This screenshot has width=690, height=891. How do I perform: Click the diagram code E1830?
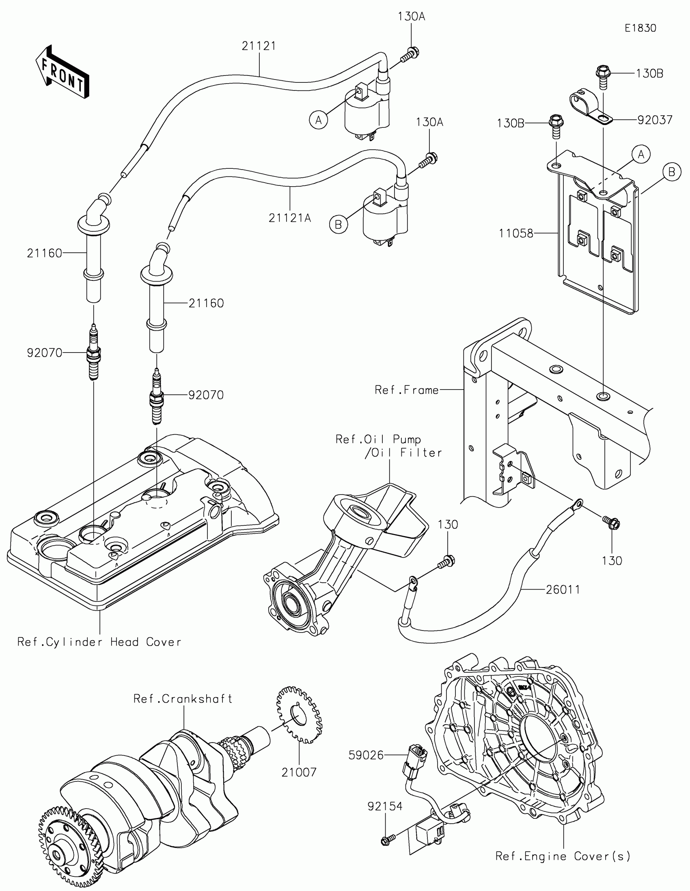pyautogui.click(x=640, y=28)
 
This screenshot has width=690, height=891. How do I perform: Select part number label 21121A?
pyautogui.click(x=290, y=218)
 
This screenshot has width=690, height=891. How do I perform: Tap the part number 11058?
pyautogui.click(x=516, y=233)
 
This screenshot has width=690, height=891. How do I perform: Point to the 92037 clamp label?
pyautogui.click(x=655, y=120)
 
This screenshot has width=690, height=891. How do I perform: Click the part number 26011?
pyautogui.click(x=563, y=590)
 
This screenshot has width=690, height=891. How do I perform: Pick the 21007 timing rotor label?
pyautogui.click(x=299, y=772)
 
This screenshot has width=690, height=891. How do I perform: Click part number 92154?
pyautogui.click(x=385, y=806)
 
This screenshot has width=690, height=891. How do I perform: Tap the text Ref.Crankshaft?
pyautogui.click(x=183, y=699)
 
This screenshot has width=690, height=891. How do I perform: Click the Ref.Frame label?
pyautogui.click(x=406, y=390)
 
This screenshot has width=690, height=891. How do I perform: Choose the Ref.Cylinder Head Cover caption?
pyautogui.click(x=99, y=642)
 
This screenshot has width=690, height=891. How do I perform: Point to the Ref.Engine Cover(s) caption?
pyautogui.click(x=563, y=856)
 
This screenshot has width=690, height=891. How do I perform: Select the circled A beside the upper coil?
pyautogui.click(x=318, y=121)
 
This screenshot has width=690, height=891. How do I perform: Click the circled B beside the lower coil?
pyautogui.click(x=338, y=224)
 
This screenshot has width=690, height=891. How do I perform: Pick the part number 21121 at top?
pyautogui.click(x=259, y=46)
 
